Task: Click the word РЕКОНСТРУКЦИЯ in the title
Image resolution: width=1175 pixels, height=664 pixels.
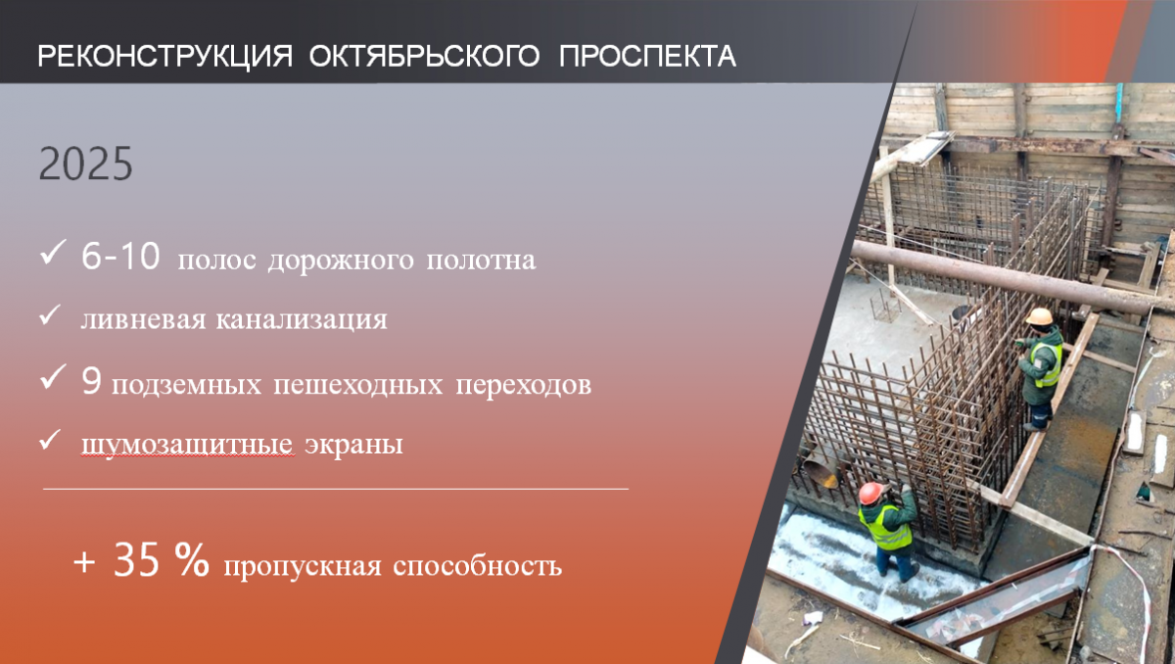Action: [x=165, y=56]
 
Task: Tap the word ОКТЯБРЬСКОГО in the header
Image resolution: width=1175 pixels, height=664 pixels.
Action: [x=424, y=56]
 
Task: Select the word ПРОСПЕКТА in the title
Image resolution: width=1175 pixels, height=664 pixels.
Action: [x=647, y=56]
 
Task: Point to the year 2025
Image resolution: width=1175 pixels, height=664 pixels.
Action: [x=86, y=164]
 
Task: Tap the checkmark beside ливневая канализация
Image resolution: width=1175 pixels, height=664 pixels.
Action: [x=50, y=315]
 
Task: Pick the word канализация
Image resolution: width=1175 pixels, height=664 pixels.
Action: [x=302, y=319]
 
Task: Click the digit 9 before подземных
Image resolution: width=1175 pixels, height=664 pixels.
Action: [x=91, y=380]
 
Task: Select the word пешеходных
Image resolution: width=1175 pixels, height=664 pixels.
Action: [x=358, y=385]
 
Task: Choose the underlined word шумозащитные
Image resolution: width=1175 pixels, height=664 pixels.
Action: [x=187, y=445]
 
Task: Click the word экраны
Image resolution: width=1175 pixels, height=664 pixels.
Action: [x=354, y=445]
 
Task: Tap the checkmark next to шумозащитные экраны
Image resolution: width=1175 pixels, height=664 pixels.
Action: [x=50, y=440]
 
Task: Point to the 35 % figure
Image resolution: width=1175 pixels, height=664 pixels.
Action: [x=161, y=559]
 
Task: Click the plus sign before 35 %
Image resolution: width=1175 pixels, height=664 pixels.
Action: [x=84, y=562]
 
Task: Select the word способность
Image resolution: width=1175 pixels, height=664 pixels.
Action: [x=478, y=566]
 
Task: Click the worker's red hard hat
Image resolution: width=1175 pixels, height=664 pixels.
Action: [x=870, y=493]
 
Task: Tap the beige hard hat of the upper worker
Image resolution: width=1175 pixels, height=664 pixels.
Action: [x=1039, y=316]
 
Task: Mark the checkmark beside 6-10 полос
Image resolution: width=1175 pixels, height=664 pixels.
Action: [x=53, y=252]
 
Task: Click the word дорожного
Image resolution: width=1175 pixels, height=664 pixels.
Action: [x=341, y=261]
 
